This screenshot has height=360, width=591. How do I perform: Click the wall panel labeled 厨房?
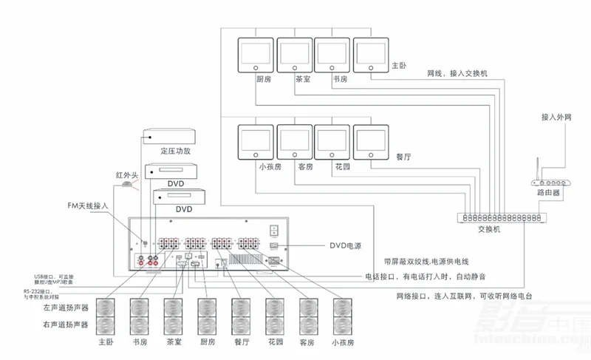(x=255, y=55)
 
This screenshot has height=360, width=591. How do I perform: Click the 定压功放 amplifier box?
(x=171, y=135)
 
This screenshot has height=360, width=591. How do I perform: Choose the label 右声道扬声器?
(x=66, y=324)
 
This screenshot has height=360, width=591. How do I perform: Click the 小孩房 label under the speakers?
(x=343, y=343)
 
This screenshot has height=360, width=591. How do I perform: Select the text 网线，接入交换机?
(x=457, y=74)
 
